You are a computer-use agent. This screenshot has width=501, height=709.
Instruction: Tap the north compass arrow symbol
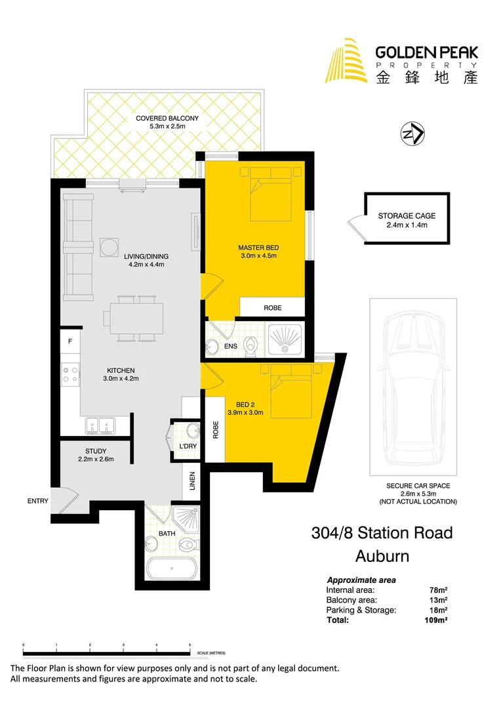point(412,135)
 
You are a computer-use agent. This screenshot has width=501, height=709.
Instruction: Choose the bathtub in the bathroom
point(171,567)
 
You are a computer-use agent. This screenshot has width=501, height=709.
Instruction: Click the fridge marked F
point(70,341)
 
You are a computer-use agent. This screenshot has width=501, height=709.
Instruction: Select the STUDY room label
point(96,451)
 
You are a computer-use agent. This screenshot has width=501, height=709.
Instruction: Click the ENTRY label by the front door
point(37,501)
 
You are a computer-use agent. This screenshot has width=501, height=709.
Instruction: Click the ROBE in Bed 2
point(214,429)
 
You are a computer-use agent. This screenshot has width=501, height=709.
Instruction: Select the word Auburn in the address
point(382,556)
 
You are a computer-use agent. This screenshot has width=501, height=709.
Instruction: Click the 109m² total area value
point(436,619)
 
